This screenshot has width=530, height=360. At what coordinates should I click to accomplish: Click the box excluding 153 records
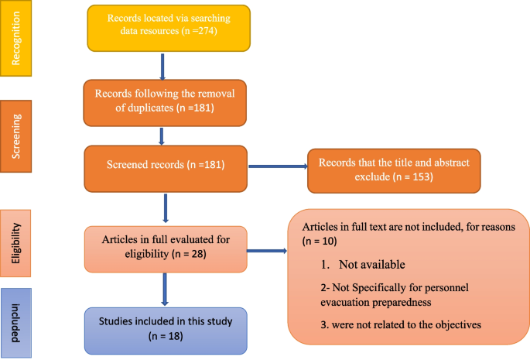(394, 170)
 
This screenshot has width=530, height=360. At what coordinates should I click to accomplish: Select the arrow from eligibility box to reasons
(267, 250)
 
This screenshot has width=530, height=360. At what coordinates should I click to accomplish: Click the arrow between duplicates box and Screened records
(162, 135)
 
